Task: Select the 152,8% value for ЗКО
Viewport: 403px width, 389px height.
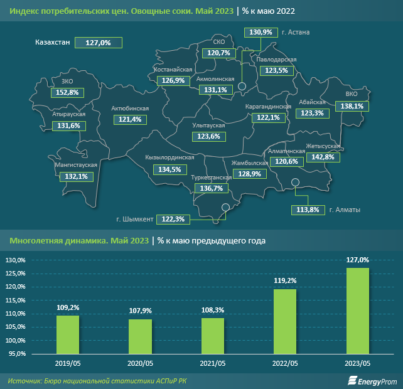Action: (67, 92)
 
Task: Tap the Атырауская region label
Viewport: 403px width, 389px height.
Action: (69, 115)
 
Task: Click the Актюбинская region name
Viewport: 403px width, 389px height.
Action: (129, 109)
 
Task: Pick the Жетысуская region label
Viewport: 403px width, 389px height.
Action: (323, 146)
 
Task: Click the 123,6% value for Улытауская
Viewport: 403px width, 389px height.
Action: (208, 136)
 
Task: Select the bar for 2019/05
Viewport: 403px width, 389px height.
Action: (68, 334)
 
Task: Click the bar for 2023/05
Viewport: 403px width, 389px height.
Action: (357, 311)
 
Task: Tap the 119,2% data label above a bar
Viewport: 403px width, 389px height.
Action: (284, 280)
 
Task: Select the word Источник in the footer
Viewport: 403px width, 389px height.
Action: (24, 381)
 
